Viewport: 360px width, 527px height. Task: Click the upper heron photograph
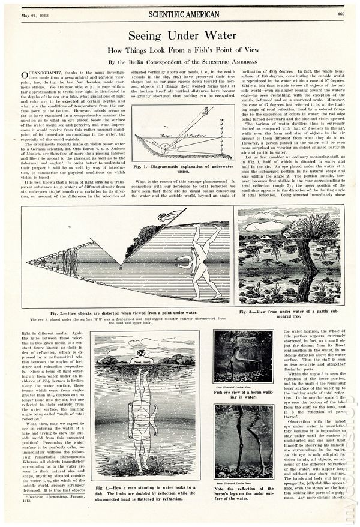[x=244, y=357]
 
